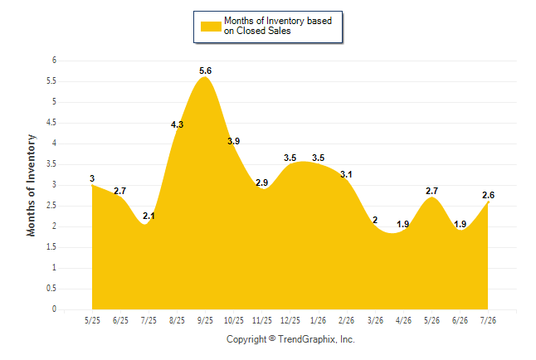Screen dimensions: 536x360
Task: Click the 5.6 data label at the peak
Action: point(206,71)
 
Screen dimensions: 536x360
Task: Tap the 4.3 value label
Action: point(177,124)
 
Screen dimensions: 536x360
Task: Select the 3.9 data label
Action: point(234,141)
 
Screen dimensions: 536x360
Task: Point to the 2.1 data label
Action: point(149,216)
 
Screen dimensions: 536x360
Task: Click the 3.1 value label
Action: point(346,175)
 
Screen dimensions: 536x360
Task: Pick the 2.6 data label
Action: point(488,195)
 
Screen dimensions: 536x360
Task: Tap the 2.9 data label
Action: point(262,183)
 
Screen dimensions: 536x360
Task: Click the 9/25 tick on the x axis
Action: point(205,320)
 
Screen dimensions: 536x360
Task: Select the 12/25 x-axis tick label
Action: point(290,320)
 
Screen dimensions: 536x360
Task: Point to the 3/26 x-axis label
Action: point(375,320)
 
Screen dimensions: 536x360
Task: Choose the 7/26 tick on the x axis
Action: point(488,320)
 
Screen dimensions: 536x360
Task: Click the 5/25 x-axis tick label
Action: point(92,320)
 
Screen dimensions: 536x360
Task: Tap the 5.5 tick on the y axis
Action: point(51,81)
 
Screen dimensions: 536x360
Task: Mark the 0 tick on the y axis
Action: point(54,309)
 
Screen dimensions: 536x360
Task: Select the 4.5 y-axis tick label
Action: point(51,123)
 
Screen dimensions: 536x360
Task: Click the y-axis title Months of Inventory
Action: point(31,185)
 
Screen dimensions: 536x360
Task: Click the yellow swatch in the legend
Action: point(211,27)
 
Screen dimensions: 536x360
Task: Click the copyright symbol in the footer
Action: point(272,338)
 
